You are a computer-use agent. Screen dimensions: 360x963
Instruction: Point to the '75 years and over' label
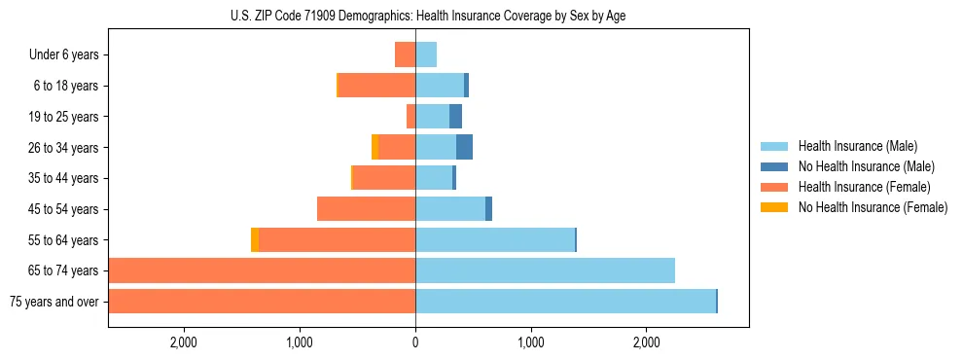pyautogui.click(x=53, y=302)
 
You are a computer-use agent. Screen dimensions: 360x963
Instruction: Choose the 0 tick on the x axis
pyautogui.click(x=415, y=342)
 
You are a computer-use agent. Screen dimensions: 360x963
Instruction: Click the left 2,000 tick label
pyautogui.click(x=184, y=342)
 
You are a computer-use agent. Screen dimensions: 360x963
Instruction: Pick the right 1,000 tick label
pyautogui.click(x=531, y=342)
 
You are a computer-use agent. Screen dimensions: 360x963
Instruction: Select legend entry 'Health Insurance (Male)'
pyautogui.click(x=857, y=146)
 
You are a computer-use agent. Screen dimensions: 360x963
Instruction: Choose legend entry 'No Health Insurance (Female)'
pyautogui.click(x=873, y=207)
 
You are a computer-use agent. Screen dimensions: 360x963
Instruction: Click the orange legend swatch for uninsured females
pyautogui.click(x=775, y=207)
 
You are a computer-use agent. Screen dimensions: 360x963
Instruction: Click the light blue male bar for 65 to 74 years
pyautogui.click(x=545, y=270)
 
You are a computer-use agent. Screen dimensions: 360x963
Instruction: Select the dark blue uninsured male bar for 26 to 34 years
pyautogui.click(x=464, y=147)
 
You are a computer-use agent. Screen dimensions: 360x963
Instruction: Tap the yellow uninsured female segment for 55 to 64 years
pyautogui.click(x=255, y=239)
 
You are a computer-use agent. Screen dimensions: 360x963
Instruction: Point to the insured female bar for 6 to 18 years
pyautogui.click(x=376, y=86)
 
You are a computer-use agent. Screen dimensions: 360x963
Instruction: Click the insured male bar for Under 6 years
pyautogui.click(x=426, y=54)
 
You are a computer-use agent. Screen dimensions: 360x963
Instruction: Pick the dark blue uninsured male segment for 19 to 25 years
pyautogui.click(x=455, y=117)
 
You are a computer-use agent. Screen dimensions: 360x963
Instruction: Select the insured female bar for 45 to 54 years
pyautogui.click(x=366, y=209)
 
